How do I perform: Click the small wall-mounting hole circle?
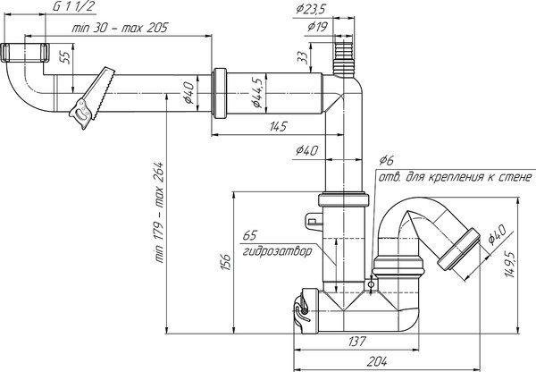[371, 285]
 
